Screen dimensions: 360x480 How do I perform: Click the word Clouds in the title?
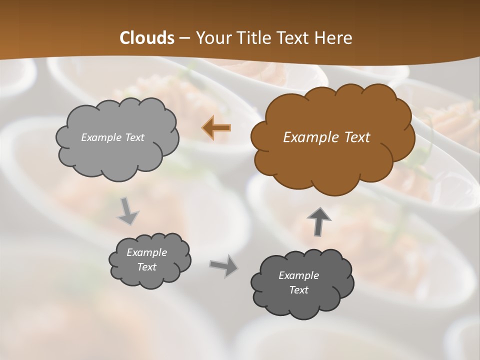[147, 38]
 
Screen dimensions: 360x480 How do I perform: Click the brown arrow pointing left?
[216, 128]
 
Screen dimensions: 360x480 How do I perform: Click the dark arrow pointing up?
[318, 221]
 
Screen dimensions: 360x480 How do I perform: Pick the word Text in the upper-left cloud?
[134, 137]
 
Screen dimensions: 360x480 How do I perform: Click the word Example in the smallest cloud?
[147, 252]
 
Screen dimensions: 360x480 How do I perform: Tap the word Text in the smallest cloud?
[147, 267]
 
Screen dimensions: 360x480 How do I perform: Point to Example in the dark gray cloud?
[298, 275]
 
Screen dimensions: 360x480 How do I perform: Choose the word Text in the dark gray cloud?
[298, 290]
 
